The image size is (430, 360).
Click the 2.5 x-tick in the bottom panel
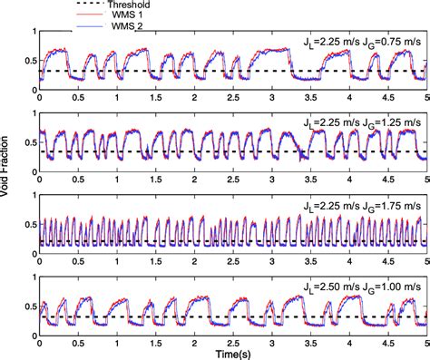234,341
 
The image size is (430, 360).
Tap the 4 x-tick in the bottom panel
349,341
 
